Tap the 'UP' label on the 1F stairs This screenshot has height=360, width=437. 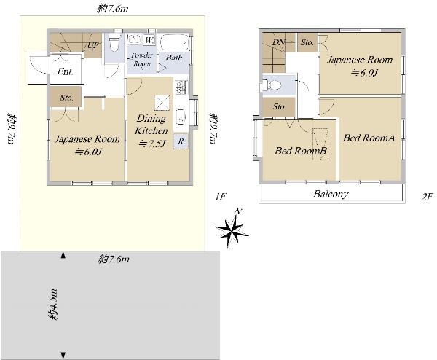click(93, 45)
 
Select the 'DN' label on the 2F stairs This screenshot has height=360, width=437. click(278, 42)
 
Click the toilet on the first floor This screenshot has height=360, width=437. click(114, 42)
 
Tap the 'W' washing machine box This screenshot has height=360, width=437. click(149, 40)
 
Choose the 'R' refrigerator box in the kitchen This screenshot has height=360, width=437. click(181, 141)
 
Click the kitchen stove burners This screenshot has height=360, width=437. click(181, 87)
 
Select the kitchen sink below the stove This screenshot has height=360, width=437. click(181, 117)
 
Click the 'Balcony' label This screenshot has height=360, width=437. click(331, 194)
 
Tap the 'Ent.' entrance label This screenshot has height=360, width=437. click(66, 71)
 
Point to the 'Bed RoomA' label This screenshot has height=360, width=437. click(369, 138)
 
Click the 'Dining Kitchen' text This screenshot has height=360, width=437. click(151, 125)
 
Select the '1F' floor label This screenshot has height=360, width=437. click(220, 197)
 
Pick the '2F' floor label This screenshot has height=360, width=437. click(427, 197)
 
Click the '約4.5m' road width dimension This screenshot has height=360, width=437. click(52, 305)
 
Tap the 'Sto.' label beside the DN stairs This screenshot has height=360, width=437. click(307, 42)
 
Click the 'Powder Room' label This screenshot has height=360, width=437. click(142, 60)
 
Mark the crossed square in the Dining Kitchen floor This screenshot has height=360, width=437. click(162, 103)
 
